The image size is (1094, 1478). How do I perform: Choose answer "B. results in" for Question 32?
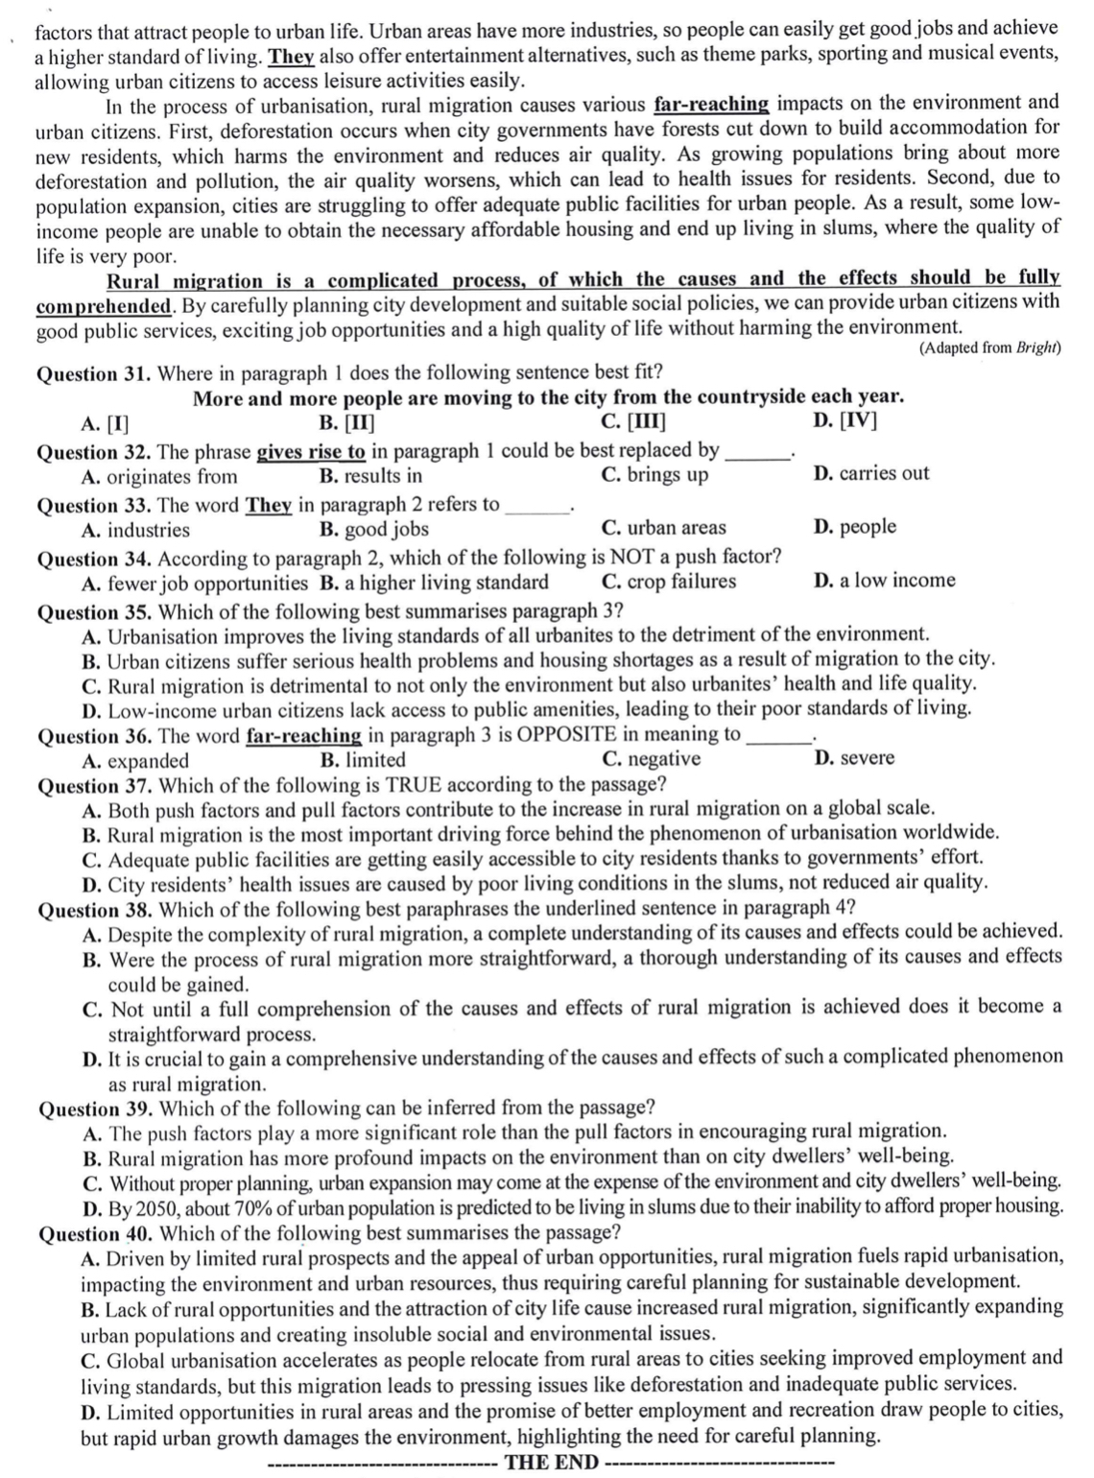370,476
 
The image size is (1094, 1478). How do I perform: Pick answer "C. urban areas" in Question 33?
663,528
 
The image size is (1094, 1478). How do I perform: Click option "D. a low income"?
884,581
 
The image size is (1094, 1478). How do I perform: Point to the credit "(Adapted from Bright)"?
988,348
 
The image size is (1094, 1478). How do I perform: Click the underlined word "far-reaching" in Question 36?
303,735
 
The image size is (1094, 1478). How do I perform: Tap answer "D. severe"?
854,758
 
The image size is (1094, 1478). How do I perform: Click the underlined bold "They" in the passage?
293,55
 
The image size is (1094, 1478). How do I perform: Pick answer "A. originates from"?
159,477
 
